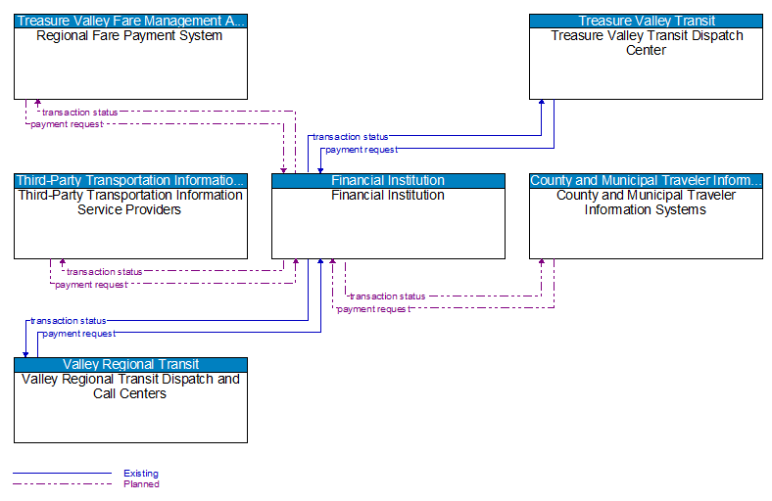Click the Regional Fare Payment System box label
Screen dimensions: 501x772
click(129, 36)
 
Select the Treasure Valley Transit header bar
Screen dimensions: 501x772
click(646, 21)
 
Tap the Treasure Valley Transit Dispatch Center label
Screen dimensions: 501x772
click(646, 43)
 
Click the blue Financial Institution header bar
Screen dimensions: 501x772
click(388, 180)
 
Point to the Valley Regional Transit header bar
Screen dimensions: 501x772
click(130, 364)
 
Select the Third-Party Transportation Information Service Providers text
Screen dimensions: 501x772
click(130, 202)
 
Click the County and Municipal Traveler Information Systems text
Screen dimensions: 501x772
click(646, 202)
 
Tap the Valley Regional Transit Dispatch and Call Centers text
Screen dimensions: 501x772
click(130, 386)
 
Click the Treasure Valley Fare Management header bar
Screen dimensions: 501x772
click(130, 21)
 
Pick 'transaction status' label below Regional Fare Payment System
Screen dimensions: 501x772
click(79, 112)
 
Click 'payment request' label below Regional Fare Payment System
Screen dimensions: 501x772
click(66, 124)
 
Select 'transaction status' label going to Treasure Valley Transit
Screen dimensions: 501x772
click(350, 137)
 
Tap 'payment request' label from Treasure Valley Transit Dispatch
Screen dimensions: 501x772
click(361, 150)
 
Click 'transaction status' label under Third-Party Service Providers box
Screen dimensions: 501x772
click(104, 272)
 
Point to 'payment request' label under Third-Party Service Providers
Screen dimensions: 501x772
click(90, 285)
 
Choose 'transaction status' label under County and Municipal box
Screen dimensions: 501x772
click(388, 296)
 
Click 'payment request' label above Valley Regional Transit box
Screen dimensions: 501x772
click(78, 334)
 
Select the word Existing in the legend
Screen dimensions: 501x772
click(141, 474)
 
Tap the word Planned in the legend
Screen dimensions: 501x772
click(141, 483)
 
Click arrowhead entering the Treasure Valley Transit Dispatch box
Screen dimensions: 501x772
click(542, 104)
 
